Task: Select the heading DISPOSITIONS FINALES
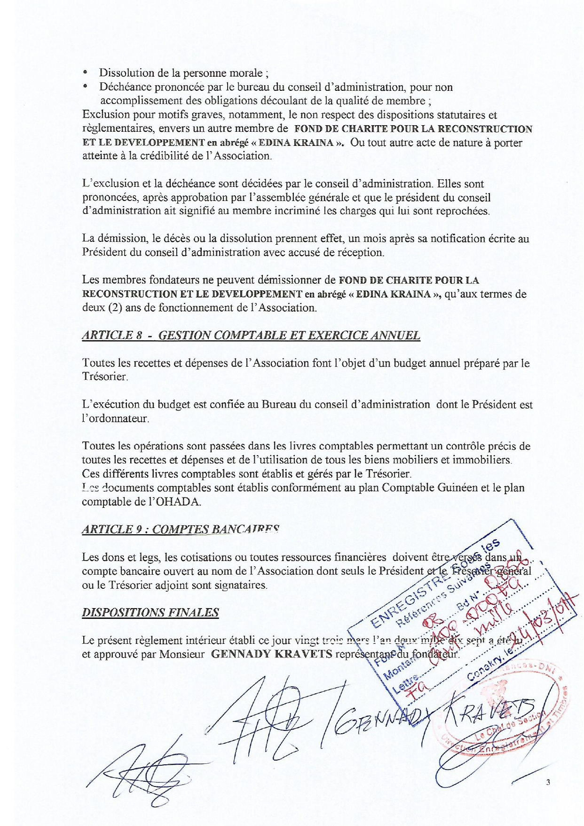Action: [x=150, y=612]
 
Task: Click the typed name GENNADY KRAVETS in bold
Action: [x=272, y=654]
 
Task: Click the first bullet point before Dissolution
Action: [x=85, y=73]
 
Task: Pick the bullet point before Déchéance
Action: [x=85, y=87]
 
